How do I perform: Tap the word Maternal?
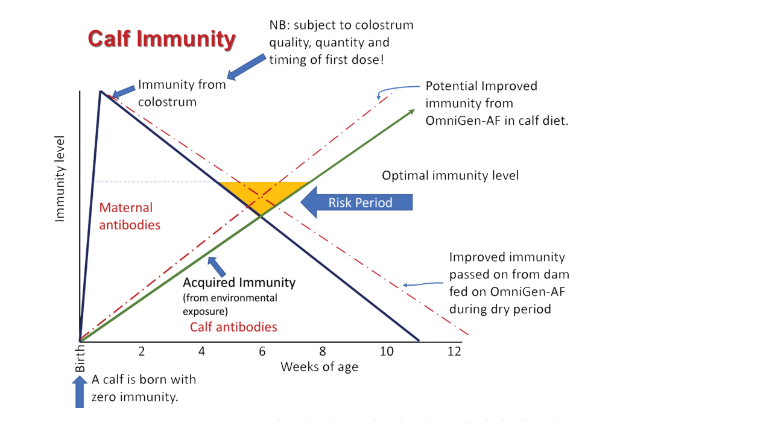click(126, 208)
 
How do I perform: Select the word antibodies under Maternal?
click(130, 225)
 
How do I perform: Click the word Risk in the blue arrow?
click(340, 203)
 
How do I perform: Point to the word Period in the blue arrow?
click(373, 203)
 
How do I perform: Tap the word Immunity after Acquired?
click(267, 282)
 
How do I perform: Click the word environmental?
click(247, 298)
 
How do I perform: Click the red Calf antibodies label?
click(233, 327)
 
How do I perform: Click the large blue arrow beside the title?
click(247, 66)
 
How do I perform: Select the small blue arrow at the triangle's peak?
click(124, 92)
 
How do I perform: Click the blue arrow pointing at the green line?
click(216, 266)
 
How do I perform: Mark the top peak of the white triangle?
click(101, 92)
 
